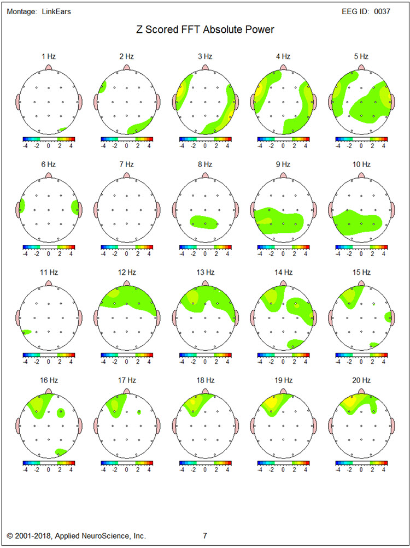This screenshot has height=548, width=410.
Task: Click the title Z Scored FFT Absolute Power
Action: (205, 30)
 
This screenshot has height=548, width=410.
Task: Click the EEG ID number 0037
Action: (382, 11)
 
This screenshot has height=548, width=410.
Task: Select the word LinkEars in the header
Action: (56, 11)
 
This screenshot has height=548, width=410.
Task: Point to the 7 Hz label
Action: (127, 164)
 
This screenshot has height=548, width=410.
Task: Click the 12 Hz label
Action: (127, 272)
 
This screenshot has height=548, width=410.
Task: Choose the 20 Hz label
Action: (361, 380)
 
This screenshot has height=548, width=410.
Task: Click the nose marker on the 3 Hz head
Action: (205, 68)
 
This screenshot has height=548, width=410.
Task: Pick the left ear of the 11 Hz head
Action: (18, 316)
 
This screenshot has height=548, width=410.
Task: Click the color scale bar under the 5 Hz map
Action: (361, 139)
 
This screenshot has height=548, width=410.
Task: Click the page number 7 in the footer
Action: (205, 536)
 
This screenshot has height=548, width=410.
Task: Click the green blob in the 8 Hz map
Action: (204, 222)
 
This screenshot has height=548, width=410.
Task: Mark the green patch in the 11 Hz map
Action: (26, 331)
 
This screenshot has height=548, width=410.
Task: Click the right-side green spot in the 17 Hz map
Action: (139, 412)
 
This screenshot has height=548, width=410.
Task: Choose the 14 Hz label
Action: (283, 272)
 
